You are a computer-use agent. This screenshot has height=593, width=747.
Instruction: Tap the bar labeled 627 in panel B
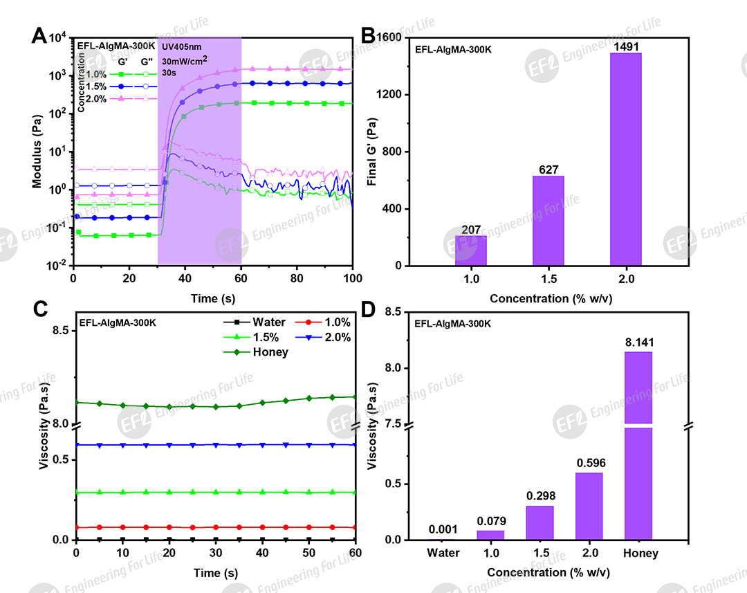[548, 221]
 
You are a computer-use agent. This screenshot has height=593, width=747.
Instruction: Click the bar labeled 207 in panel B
[470, 250]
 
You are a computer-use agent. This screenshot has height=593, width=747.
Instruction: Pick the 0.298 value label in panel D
[540, 496]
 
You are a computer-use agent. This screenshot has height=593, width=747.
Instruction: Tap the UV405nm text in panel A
[181, 46]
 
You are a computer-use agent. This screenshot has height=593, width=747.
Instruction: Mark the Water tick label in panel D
[442, 553]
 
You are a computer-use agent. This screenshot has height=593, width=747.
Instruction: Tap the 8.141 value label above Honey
[638, 342]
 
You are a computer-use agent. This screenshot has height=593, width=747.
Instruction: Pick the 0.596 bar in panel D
[589, 506]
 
